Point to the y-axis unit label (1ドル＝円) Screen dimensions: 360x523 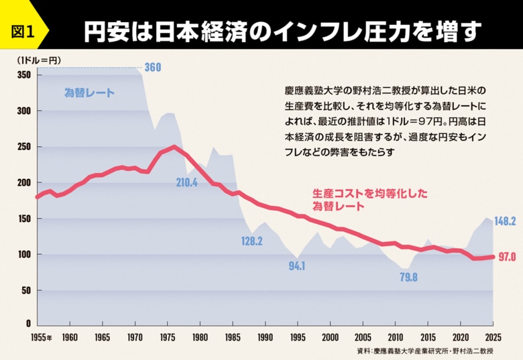pyautogui.click(x=38, y=60)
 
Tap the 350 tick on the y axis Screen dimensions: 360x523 pyautogui.click(x=23, y=74)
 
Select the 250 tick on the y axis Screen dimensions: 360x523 pyautogui.click(x=23, y=147)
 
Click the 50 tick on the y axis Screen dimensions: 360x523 pyautogui.click(x=25, y=291)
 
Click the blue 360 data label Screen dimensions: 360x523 pyautogui.click(x=153, y=67)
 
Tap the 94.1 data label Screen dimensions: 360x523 pyautogui.click(x=296, y=265)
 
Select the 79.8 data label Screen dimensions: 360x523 pyautogui.click(x=408, y=276)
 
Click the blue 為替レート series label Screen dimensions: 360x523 pyautogui.click(x=89, y=93)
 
